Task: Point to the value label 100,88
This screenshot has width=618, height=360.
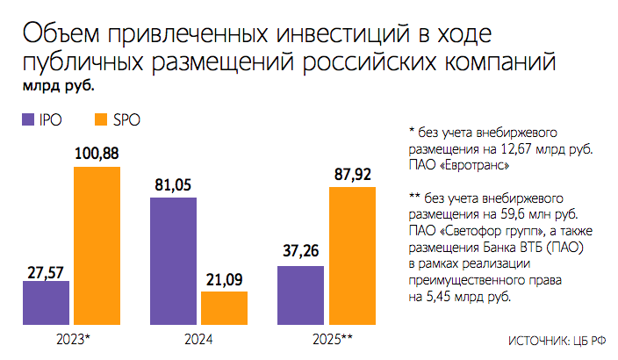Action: [x=97, y=155]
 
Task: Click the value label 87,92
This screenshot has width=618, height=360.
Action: [x=351, y=175]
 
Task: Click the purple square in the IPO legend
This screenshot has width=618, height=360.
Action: [x=25, y=120]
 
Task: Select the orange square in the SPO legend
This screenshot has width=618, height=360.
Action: [x=99, y=120]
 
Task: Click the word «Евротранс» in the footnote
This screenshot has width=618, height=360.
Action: [x=475, y=164]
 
